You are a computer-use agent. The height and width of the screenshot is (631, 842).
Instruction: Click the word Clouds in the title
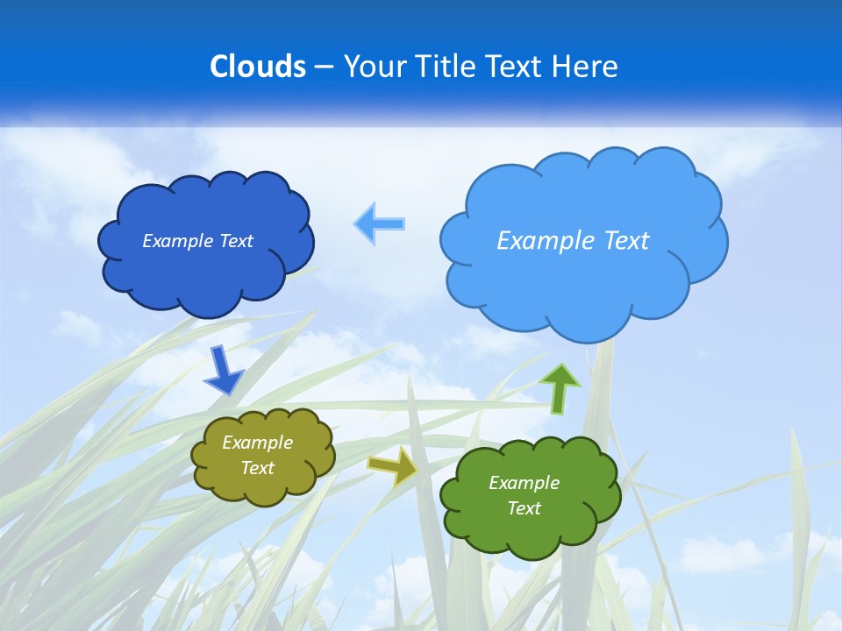click(258, 67)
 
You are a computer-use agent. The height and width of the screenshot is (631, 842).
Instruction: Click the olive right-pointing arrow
click(392, 465)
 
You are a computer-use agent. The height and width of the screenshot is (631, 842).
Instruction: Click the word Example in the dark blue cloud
click(177, 241)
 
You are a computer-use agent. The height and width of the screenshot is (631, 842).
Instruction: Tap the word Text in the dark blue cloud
click(235, 241)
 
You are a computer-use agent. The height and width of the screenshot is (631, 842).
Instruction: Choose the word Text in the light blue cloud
click(626, 241)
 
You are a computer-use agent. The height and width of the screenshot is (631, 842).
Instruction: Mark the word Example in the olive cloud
click(257, 443)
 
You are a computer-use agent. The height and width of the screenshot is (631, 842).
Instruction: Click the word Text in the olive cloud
click(257, 468)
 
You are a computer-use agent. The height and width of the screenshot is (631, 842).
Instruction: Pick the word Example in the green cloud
click(524, 483)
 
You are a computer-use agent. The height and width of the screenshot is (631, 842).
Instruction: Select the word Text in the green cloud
click(524, 508)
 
